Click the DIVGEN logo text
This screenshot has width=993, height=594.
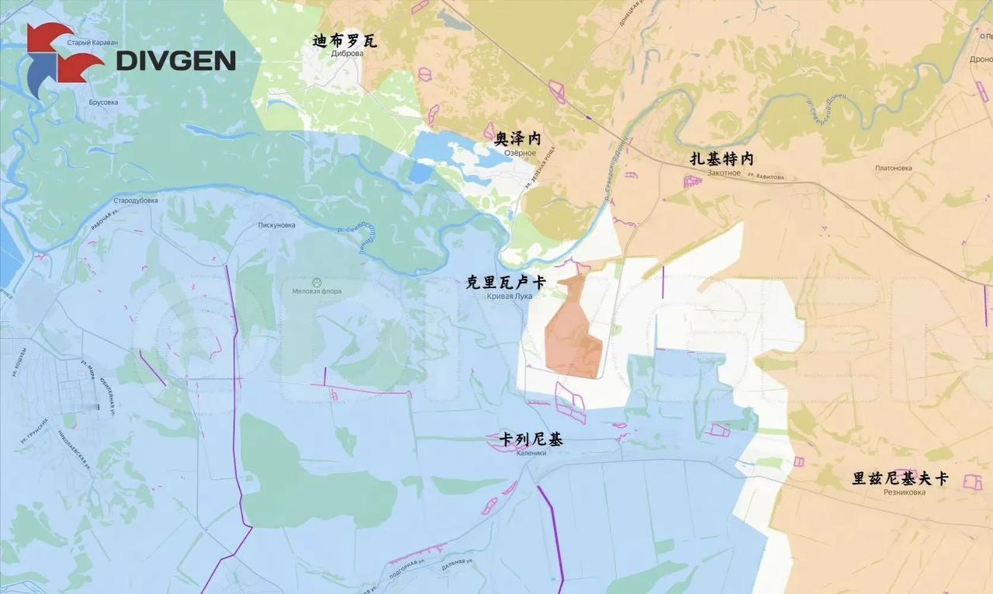(x=175, y=61)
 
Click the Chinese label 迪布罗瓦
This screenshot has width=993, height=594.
(x=345, y=40)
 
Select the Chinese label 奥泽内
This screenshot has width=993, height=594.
(x=517, y=139)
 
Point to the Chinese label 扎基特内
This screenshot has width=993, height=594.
(x=721, y=159)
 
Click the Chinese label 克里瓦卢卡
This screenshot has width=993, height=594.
(x=505, y=283)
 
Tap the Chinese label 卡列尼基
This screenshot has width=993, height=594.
(x=531, y=440)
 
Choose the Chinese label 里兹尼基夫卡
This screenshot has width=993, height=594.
(x=900, y=478)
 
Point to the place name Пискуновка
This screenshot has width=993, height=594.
(x=277, y=225)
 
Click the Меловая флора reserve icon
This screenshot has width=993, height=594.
(x=317, y=282)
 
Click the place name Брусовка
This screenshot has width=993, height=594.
(x=103, y=102)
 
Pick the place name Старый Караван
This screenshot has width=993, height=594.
(x=93, y=43)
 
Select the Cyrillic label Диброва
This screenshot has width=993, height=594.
(x=347, y=54)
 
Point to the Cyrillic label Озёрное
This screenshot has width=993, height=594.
(x=520, y=152)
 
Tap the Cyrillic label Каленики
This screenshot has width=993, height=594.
(x=531, y=453)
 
